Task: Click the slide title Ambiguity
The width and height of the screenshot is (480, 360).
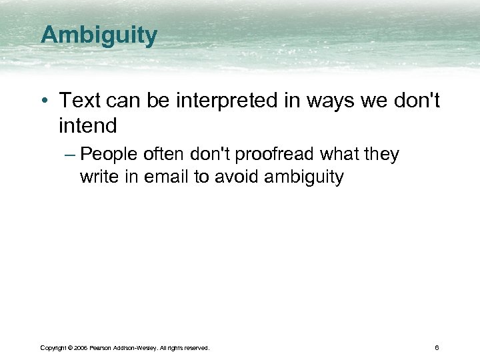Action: click(99, 35)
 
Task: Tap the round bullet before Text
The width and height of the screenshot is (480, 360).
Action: click(44, 101)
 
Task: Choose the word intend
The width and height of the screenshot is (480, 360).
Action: click(87, 125)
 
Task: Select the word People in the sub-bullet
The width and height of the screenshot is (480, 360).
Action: click(111, 154)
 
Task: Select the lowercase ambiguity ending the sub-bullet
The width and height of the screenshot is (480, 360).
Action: click(304, 177)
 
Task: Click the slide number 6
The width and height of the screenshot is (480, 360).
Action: click(436, 347)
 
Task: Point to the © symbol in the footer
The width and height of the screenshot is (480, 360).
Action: click(71, 347)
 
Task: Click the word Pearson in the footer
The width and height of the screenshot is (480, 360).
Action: click(103, 347)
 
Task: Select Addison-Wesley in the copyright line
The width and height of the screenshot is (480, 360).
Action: click(139, 347)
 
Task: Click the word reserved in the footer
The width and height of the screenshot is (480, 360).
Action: click(196, 347)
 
